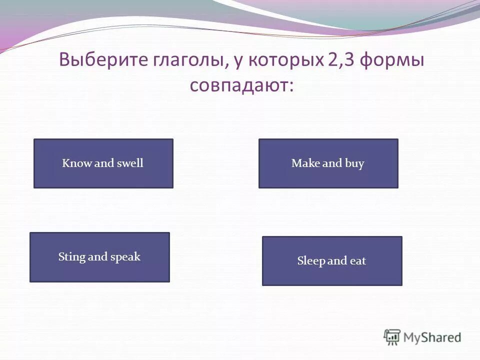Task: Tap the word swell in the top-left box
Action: pyautogui.click(x=129, y=163)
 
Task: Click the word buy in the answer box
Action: pyautogui.click(x=354, y=163)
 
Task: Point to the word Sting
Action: pyautogui.click(x=71, y=257)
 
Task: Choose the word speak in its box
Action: pyautogui.click(x=125, y=257)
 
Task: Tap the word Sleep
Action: pyautogui.click(x=311, y=261)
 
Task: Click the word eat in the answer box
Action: pyautogui.click(x=357, y=261)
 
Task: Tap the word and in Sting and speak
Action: pyautogui.click(x=97, y=257)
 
